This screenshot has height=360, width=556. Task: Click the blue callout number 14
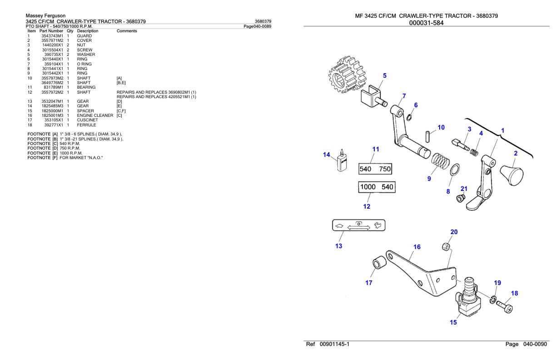327,155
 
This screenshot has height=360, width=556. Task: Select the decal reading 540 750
375,169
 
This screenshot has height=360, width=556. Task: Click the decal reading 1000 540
377,187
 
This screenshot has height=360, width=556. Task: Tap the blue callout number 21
464,189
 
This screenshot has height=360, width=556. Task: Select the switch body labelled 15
468,297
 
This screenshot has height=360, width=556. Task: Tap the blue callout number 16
417,247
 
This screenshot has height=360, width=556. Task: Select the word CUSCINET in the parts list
86,120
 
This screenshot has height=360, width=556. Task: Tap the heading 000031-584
426,23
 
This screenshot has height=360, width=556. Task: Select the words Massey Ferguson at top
46,16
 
